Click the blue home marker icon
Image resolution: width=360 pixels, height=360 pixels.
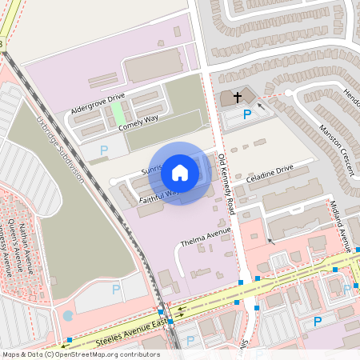pos(180,172)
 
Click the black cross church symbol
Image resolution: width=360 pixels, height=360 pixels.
pos(237,98)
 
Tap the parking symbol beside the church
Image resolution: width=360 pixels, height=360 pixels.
pos(247,114)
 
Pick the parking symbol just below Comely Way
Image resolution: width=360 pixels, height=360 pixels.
pos(103,150)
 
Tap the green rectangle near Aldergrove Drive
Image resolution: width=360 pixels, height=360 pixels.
pos(117,112)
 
